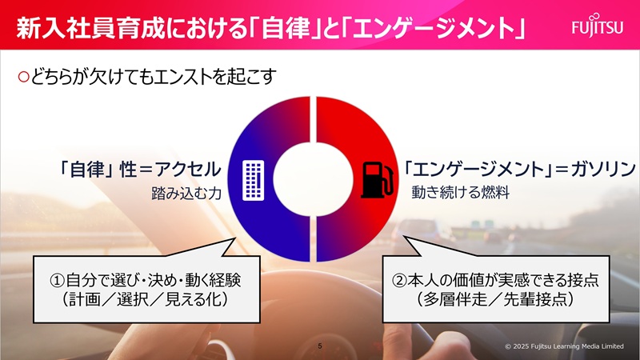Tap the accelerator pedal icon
[254, 179]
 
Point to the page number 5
[319, 346]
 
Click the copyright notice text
[563, 346]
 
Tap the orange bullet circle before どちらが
[23, 77]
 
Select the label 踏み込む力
[185, 193]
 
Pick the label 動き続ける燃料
[461, 193]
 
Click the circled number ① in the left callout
[57, 282]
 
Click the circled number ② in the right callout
[400, 282]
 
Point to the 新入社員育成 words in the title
[68, 29]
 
